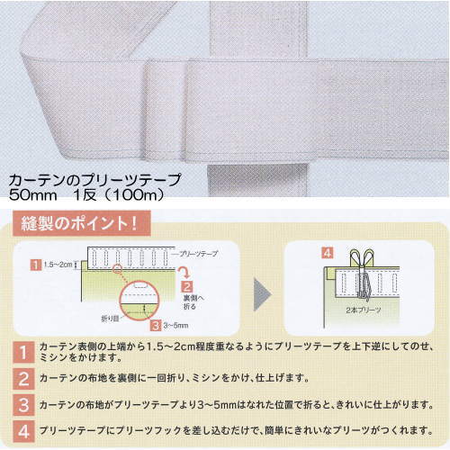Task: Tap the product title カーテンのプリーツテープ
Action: (x=94, y=180)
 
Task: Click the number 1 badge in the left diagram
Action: (x=32, y=264)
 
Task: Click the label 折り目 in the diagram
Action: (x=109, y=318)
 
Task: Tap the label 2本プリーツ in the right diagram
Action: (x=364, y=309)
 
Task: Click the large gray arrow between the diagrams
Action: (x=258, y=292)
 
